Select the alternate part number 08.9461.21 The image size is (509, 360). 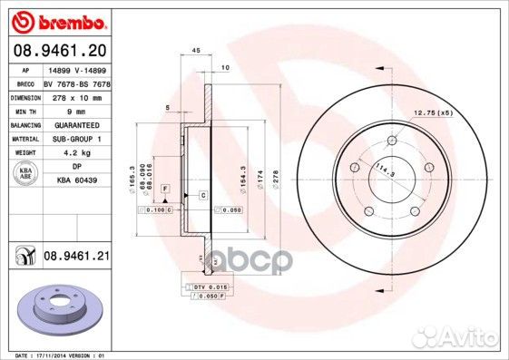click(76, 258)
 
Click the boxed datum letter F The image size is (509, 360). click(165, 188)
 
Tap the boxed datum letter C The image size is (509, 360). click(202, 196)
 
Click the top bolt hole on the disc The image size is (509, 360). click(392, 141)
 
